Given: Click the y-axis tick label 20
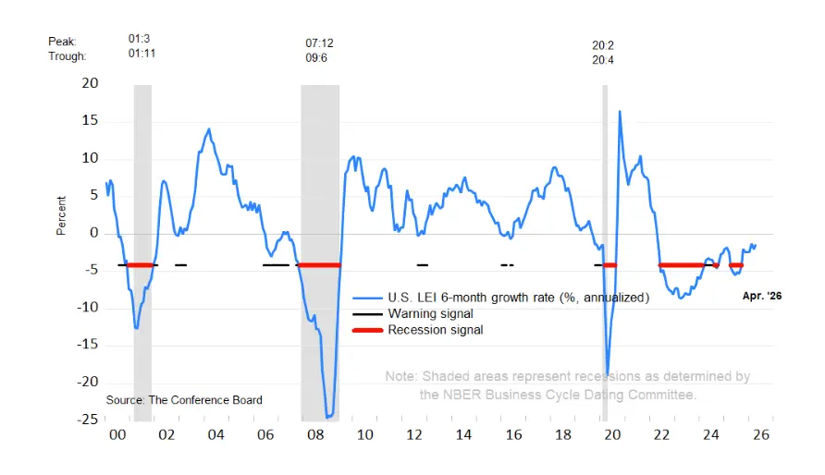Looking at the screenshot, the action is click(x=90, y=83).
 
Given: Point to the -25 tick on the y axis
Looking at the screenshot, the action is click(x=87, y=420).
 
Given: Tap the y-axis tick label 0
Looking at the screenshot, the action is click(x=94, y=233).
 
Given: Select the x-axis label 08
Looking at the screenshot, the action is click(x=315, y=435).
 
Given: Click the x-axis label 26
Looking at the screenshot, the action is click(x=761, y=435).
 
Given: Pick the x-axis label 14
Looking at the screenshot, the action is click(x=463, y=435).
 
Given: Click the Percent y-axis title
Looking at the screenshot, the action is click(x=61, y=215).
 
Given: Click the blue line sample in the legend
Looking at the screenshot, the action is click(x=367, y=298).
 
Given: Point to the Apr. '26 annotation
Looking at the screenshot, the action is click(x=762, y=296).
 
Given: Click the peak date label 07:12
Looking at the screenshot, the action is click(x=319, y=43).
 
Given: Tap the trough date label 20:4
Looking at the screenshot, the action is click(x=603, y=60).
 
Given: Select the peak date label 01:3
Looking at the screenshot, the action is click(x=139, y=39).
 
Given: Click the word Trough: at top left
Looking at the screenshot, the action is click(x=68, y=56).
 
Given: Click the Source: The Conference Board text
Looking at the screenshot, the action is click(x=184, y=400).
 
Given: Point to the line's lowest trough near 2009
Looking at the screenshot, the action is click(x=328, y=417).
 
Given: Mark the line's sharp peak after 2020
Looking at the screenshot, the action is click(x=620, y=111).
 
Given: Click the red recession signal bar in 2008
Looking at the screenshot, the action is click(x=319, y=265).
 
